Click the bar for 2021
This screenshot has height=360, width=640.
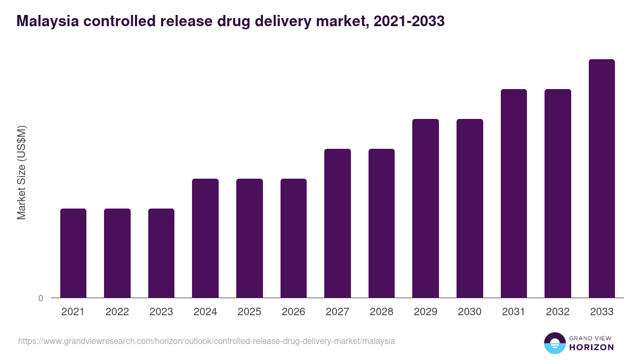click(73, 253)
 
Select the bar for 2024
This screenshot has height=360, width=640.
click(205, 238)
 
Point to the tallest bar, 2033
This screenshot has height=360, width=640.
click(602, 178)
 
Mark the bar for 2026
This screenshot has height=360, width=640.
click(293, 238)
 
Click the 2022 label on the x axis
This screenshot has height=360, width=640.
click(117, 312)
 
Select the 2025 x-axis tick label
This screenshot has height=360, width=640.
click(250, 312)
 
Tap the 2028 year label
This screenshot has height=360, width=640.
click(381, 312)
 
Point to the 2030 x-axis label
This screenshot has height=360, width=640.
click(470, 312)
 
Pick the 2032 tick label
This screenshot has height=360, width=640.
click(558, 312)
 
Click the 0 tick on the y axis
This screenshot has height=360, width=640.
click(41, 299)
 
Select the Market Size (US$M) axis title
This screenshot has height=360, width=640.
click(21, 172)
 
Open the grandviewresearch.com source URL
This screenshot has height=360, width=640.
click(206, 341)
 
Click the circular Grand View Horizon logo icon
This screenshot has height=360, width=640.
click(554, 343)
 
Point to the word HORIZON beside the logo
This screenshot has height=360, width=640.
click(591, 347)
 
